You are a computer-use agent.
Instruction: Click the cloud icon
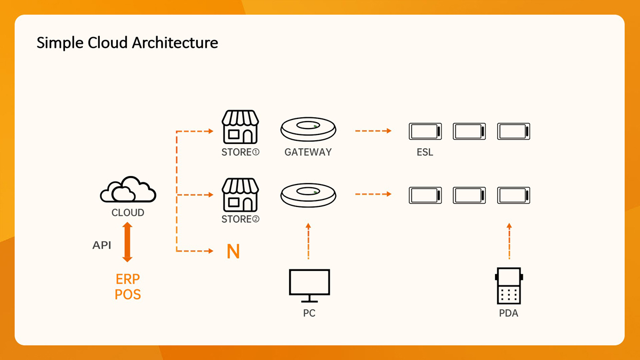click(x=128, y=190)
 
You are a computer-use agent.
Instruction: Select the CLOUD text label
click(x=128, y=213)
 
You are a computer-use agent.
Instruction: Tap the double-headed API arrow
click(x=127, y=242)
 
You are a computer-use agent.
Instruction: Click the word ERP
click(x=128, y=279)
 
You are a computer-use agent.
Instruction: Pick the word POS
click(x=128, y=294)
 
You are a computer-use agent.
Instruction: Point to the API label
click(x=102, y=245)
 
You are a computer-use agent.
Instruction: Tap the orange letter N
click(x=233, y=251)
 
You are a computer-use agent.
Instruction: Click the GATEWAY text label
click(x=308, y=152)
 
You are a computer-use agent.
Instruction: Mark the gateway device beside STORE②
click(x=308, y=195)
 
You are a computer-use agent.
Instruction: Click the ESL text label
click(x=425, y=153)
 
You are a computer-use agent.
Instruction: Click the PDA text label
click(x=509, y=313)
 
